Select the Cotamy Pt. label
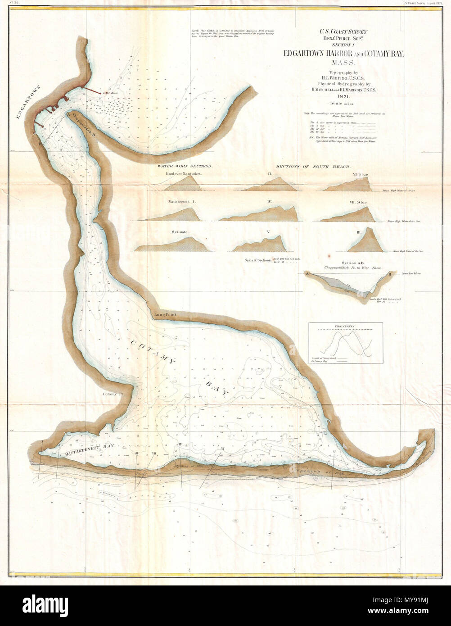(113, 394)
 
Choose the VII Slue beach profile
(347, 214)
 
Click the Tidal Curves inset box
(346, 343)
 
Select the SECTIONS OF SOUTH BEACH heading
(313, 166)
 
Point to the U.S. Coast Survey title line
(343, 32)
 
